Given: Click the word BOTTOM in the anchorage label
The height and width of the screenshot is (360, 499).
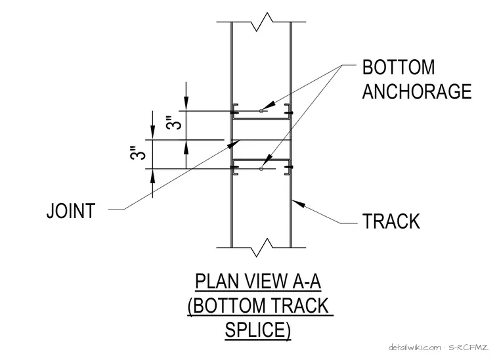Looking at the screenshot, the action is [399, 67].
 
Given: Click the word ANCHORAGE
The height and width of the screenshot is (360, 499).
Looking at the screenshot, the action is [417, 91].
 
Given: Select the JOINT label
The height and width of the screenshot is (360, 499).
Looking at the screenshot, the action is [71, 211].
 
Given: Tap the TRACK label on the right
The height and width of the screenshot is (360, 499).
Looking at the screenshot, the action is [391, 221].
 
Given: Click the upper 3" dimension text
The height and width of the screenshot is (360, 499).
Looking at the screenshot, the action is [175, 123].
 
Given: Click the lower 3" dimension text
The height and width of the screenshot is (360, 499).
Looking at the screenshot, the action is [138, 153].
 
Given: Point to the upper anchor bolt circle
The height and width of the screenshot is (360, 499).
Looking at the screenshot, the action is [261, 111].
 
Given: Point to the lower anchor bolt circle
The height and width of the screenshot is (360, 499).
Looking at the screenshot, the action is [261, 169].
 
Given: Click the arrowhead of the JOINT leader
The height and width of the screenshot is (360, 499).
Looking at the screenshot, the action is [234, 144].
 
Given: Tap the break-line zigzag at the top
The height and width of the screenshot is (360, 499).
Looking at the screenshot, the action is [261, 22].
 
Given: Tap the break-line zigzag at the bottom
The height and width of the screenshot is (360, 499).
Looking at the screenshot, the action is [261, 248].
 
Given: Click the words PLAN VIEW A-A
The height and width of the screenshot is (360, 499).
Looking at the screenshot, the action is [258, 281].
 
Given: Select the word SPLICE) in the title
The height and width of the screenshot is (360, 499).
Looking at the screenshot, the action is [258, 330].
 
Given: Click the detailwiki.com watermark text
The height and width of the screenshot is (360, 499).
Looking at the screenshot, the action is [415, 348].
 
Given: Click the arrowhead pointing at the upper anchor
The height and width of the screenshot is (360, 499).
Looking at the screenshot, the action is [269, 105].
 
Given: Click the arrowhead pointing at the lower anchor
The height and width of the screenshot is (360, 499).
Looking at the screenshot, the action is [269, 159].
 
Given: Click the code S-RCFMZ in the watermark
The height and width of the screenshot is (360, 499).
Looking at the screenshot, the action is [468, 348].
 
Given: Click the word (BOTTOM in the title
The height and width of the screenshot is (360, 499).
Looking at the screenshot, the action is [227, 306].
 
